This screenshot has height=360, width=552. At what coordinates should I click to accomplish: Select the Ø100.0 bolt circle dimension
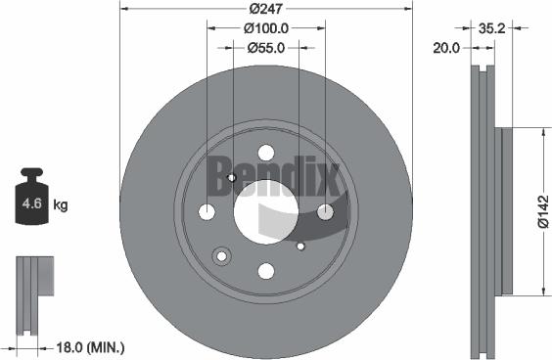[266, 28]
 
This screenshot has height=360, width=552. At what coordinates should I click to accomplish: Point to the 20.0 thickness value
[446, 46]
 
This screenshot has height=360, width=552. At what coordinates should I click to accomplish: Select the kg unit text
[60, 204]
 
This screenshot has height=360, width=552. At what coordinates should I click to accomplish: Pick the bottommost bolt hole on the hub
[265, 271]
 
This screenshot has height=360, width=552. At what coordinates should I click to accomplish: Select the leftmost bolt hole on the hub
[207, 212]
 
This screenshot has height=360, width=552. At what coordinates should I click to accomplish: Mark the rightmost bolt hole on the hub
[326, 211]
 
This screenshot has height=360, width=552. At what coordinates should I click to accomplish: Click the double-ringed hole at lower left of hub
[221, 255]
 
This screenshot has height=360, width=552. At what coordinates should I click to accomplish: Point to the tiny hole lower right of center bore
[300, 246]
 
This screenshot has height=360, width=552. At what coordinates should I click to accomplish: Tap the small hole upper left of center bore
[231, 177]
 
